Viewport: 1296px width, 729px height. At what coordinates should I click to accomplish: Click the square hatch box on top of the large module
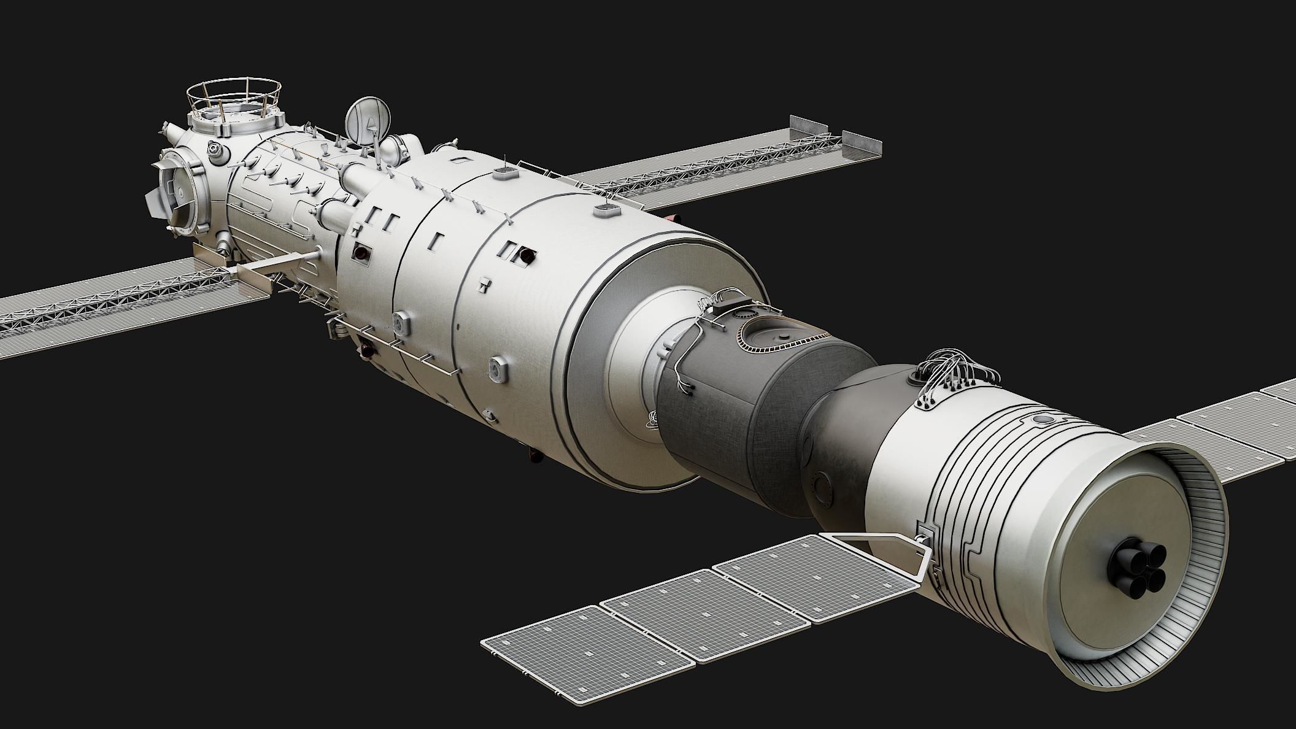(606, 212)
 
